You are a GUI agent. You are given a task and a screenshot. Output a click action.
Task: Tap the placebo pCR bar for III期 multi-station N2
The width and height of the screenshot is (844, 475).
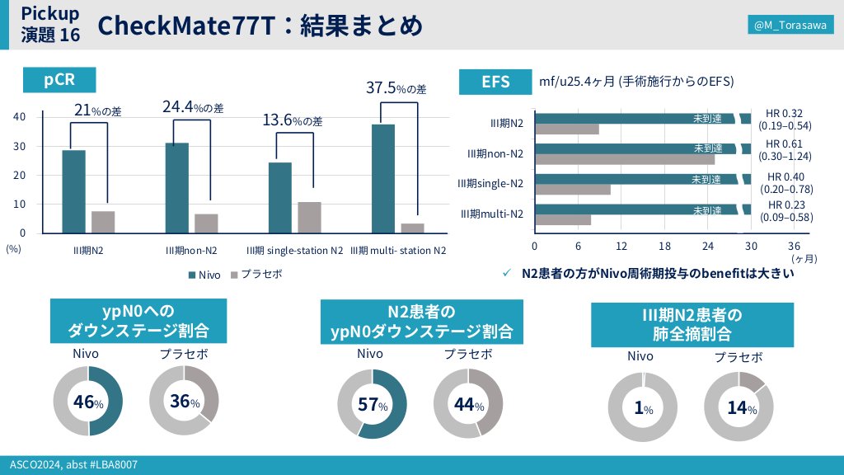(412, 228)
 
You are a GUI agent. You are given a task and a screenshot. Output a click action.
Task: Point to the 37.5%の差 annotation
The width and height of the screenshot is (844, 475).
(396, 88)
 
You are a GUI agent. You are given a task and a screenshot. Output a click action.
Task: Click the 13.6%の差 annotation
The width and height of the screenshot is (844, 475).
(293, 120)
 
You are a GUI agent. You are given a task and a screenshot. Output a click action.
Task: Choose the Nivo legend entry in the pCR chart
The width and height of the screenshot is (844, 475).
(204, 275)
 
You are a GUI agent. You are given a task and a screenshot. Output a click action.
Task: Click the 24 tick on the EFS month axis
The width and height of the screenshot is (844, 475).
(707, 246)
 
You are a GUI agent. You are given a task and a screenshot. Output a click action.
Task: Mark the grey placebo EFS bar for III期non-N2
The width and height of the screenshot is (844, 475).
(625, 159)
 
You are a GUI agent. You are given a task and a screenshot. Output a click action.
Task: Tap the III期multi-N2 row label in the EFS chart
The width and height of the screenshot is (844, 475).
(491, 214)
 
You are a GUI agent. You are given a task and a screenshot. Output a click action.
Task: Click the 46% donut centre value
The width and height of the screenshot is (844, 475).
(88, 402)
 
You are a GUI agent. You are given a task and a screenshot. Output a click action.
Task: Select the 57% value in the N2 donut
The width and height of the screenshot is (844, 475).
(373, 404)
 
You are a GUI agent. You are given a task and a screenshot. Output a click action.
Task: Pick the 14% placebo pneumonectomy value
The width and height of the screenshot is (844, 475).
(738, 408)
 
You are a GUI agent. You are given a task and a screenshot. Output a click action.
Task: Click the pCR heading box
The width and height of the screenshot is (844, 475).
(59, 79)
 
